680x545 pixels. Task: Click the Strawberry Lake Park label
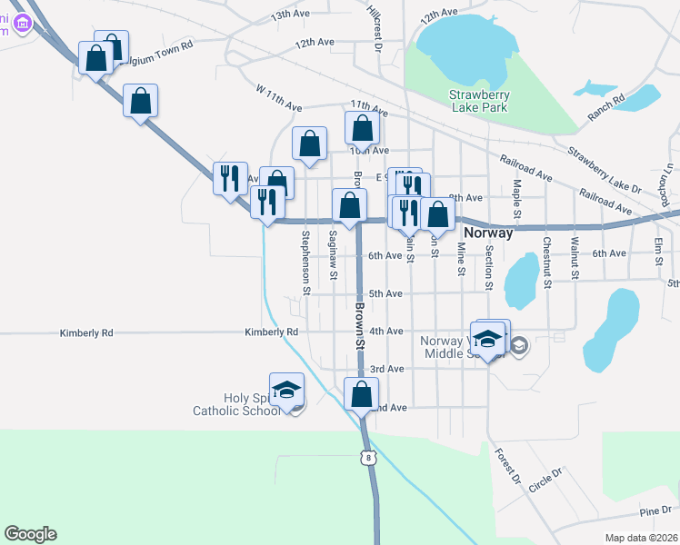479,101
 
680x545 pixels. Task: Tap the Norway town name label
488,233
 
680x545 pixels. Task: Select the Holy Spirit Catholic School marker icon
286,388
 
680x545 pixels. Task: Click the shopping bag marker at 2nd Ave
362,395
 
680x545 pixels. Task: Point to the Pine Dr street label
655,510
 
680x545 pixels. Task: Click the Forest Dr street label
507,464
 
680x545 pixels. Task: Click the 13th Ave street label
291,15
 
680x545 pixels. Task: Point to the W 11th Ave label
278,99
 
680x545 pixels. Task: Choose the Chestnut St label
547,263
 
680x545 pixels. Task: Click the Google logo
30,534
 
